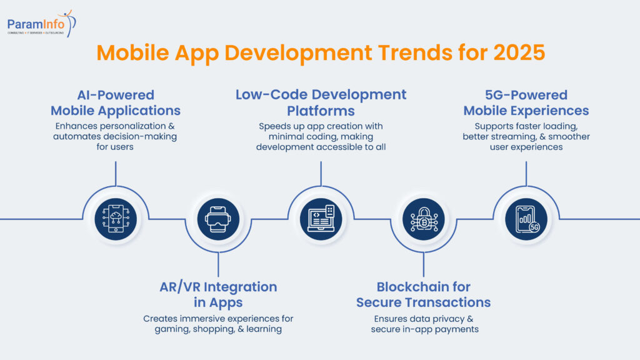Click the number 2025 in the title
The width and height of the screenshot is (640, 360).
click(519, 52)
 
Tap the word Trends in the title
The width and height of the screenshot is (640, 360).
click(415, 52)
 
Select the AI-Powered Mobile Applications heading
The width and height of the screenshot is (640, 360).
click(116, 103)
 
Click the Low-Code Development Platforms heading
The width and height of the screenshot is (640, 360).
click(321, 103)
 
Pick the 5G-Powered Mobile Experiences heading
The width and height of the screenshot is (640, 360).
click(526, 103)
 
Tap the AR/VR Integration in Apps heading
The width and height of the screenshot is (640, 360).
click(218, 294)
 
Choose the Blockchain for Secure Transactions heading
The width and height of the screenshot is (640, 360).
click(423, 294)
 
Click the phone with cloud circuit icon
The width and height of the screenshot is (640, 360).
click(116, 219)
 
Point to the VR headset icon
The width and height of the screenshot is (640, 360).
click(218, 219)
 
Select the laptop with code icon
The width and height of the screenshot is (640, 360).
click(321, 219)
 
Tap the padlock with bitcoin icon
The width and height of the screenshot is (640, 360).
click(423, 219)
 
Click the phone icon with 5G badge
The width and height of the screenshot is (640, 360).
click(526, 219)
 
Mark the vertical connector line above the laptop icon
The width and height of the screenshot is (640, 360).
click(321, 174)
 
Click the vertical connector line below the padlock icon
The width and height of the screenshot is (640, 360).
click(423, 264)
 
